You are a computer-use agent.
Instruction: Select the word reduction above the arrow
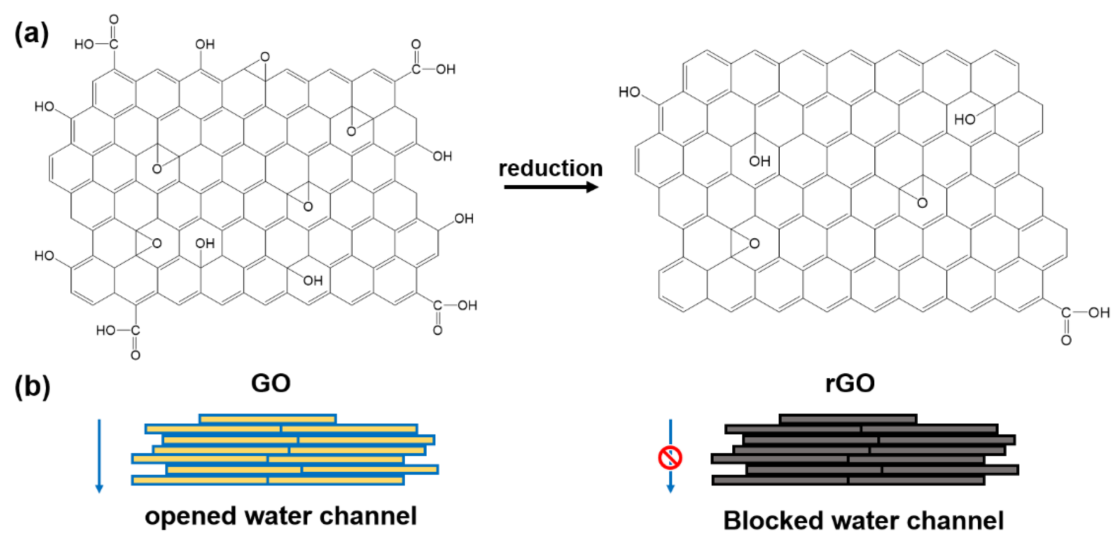click(551, 169)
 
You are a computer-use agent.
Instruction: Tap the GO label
click(271, 383)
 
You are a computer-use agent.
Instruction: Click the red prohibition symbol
click(670, 458)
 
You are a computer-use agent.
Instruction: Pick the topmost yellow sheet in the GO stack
click(267, 419)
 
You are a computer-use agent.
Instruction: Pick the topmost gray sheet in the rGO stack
click(848, 419)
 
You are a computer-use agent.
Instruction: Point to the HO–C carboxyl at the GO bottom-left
click(118, 331)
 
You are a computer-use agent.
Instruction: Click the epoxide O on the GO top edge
click(265, 57)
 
